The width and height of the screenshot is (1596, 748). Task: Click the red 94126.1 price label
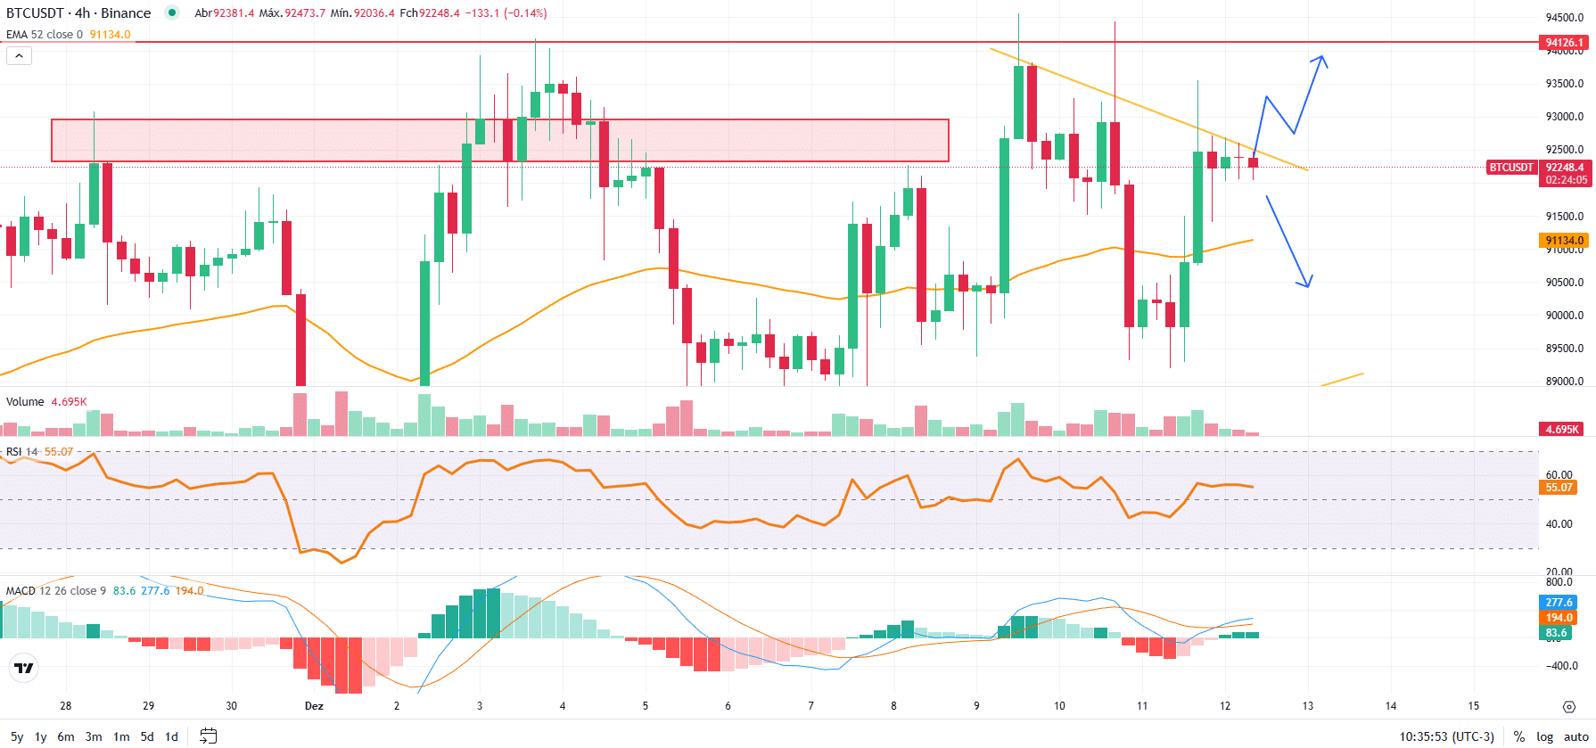[x=1564, y=42]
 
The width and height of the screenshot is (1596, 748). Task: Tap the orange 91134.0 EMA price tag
[x=1564, y=241]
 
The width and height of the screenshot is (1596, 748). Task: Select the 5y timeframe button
[x=17, y=736]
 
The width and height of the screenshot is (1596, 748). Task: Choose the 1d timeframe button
[x=172, y=736]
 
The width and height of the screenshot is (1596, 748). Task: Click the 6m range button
[x=66, y=736]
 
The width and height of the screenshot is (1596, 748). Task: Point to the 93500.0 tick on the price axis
[x=1565, y=84]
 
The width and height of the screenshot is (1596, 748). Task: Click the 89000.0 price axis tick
[x=1565, y=382]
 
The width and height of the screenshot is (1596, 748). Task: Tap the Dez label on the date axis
[x=314, y=706]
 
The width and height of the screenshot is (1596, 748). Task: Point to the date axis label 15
[x=1474, y=706]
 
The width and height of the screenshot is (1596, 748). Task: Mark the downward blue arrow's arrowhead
[x=1307, y=284]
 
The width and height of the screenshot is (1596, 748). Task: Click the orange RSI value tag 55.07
[x=1559, y=488]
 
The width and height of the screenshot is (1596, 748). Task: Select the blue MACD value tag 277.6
[x=1559, y=603]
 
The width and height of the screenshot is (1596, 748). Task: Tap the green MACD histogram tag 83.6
[x=1557, y=633]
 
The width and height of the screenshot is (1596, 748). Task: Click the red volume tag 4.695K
[x=1562, y=429]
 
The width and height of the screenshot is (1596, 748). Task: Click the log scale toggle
[x=1545, y=736]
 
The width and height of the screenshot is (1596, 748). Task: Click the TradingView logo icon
[x=23, y=668]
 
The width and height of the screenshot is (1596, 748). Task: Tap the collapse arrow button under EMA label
[x=19, y=55]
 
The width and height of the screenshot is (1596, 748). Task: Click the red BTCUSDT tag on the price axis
[x=1511, y=168]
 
